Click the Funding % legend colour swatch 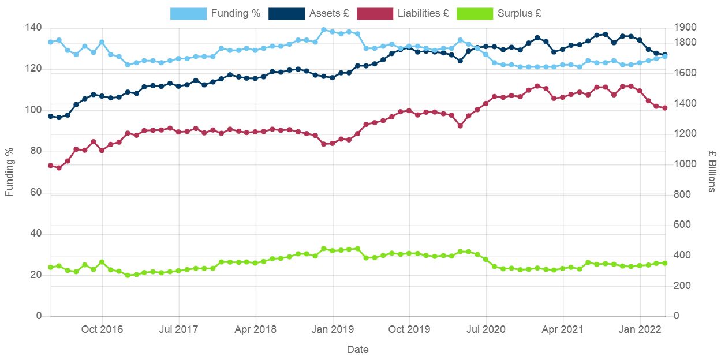(188, 13)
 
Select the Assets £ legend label (329, 13)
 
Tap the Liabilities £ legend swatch (375, 13)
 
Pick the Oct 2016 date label (102, 329)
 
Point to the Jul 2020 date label (485, 329)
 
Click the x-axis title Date (358, 350)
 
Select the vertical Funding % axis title (10, 171)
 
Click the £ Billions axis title (712, 171)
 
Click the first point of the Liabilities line (50, 166)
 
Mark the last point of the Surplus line (665, 263)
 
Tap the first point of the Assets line (50, 116)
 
